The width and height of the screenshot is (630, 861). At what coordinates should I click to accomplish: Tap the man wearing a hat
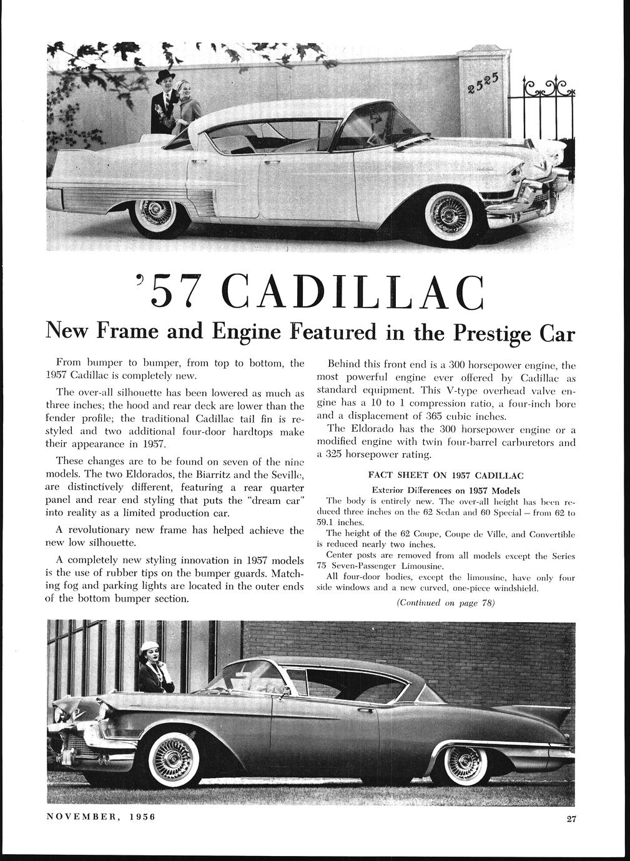164,99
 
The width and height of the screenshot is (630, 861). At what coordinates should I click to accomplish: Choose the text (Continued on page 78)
445,603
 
